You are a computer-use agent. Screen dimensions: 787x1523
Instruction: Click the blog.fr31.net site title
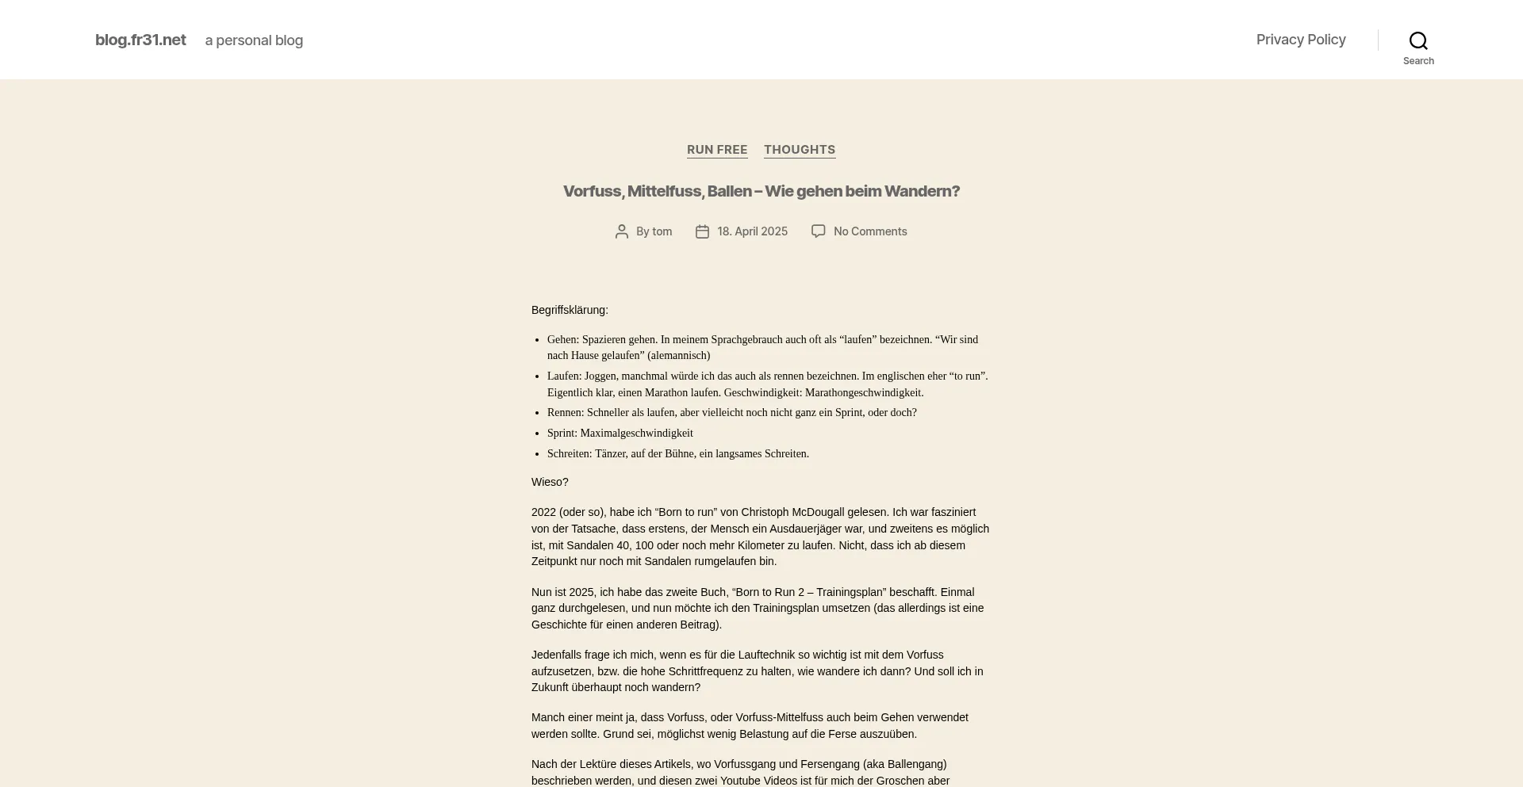pos(140,40)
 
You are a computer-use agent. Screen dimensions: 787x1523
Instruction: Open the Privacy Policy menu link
pos(1301,40)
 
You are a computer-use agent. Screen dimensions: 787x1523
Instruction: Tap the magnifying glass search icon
pos(1418,40)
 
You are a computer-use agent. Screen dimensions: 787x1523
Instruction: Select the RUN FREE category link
pos(717,150)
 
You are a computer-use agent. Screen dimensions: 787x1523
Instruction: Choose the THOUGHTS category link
pos(800,150)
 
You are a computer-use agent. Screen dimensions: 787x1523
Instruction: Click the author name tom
pos(662,231)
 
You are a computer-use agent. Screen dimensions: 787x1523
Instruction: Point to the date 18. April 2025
pos(752,231)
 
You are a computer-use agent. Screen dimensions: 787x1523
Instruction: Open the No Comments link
pos(870,231)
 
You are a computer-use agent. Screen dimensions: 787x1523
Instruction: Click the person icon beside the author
pos(622,231)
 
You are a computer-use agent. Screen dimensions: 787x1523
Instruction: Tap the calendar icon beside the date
pos(702,231)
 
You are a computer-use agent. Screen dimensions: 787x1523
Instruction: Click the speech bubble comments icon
pos(818,231)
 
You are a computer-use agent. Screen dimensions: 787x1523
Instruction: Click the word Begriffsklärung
pos(570,310)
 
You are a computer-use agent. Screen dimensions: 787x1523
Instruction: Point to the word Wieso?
pos(550,482)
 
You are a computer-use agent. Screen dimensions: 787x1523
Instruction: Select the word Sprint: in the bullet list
pos(562,434)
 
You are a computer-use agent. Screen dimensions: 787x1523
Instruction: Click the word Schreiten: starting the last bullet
pos(570,454)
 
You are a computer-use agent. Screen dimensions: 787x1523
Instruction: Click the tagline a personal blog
pos(254,40)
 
